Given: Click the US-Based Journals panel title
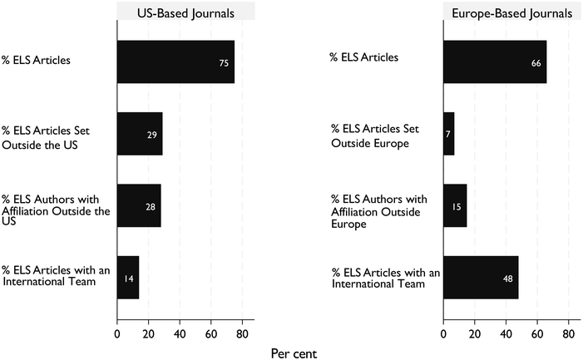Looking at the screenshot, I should coord(185,12).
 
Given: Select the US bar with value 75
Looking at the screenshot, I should coord(175,62).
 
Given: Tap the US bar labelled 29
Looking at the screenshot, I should coord(139,133).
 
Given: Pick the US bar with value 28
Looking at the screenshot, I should coord(138,205).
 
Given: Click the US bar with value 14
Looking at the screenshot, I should coord(127,277).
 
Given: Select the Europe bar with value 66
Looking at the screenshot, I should coord(495,62).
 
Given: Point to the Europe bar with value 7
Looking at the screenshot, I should coord(448,133).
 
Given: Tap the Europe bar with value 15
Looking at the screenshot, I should coord(455,205).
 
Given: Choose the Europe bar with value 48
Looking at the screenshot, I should coord(481,277).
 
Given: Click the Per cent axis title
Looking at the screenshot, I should coord(294,353).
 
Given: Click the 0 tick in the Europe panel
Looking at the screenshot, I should coord(443,334).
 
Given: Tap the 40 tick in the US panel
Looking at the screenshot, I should coord(180,334).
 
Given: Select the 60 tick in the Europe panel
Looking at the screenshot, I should coord(537,334).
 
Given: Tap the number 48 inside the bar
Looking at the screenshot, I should coord(508,278).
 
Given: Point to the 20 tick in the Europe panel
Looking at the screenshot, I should coord(475,334).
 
